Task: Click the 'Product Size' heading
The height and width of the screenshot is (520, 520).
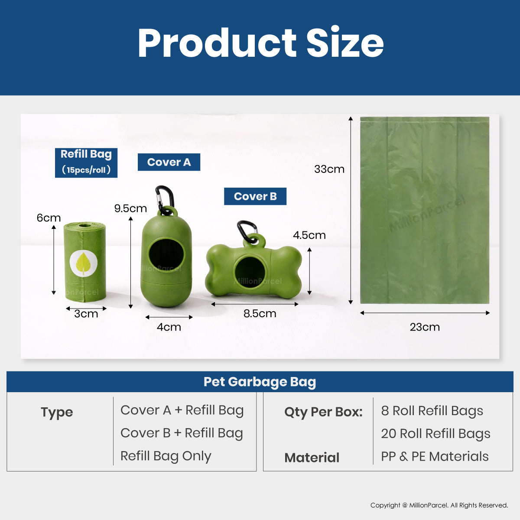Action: (260, 42)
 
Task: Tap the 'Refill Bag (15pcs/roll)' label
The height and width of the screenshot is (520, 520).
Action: (86, 163)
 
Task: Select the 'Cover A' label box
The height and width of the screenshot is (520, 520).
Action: (169, 162)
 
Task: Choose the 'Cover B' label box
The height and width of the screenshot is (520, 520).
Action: (255, 196)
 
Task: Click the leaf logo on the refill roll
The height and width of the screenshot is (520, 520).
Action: (83, 263)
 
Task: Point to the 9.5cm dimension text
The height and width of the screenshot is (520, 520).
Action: (130, 208)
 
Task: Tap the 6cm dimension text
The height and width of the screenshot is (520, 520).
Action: (49, 218)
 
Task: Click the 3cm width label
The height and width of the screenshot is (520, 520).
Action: (86, 314)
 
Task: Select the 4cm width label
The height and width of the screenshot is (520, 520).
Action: (169, 327)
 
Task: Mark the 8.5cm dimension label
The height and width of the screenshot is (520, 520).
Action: (260, 314)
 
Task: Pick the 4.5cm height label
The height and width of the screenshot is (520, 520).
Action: (309, 235)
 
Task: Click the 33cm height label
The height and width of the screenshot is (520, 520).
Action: (329, 169)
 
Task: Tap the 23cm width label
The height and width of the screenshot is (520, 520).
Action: (425, 327)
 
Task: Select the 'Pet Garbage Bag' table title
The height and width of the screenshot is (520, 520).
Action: (260, 382)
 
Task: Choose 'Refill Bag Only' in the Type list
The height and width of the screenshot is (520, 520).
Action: (166, 456)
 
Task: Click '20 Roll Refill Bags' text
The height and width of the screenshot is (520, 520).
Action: (435, 434)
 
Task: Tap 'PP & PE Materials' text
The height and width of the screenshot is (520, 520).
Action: (435, 457)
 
